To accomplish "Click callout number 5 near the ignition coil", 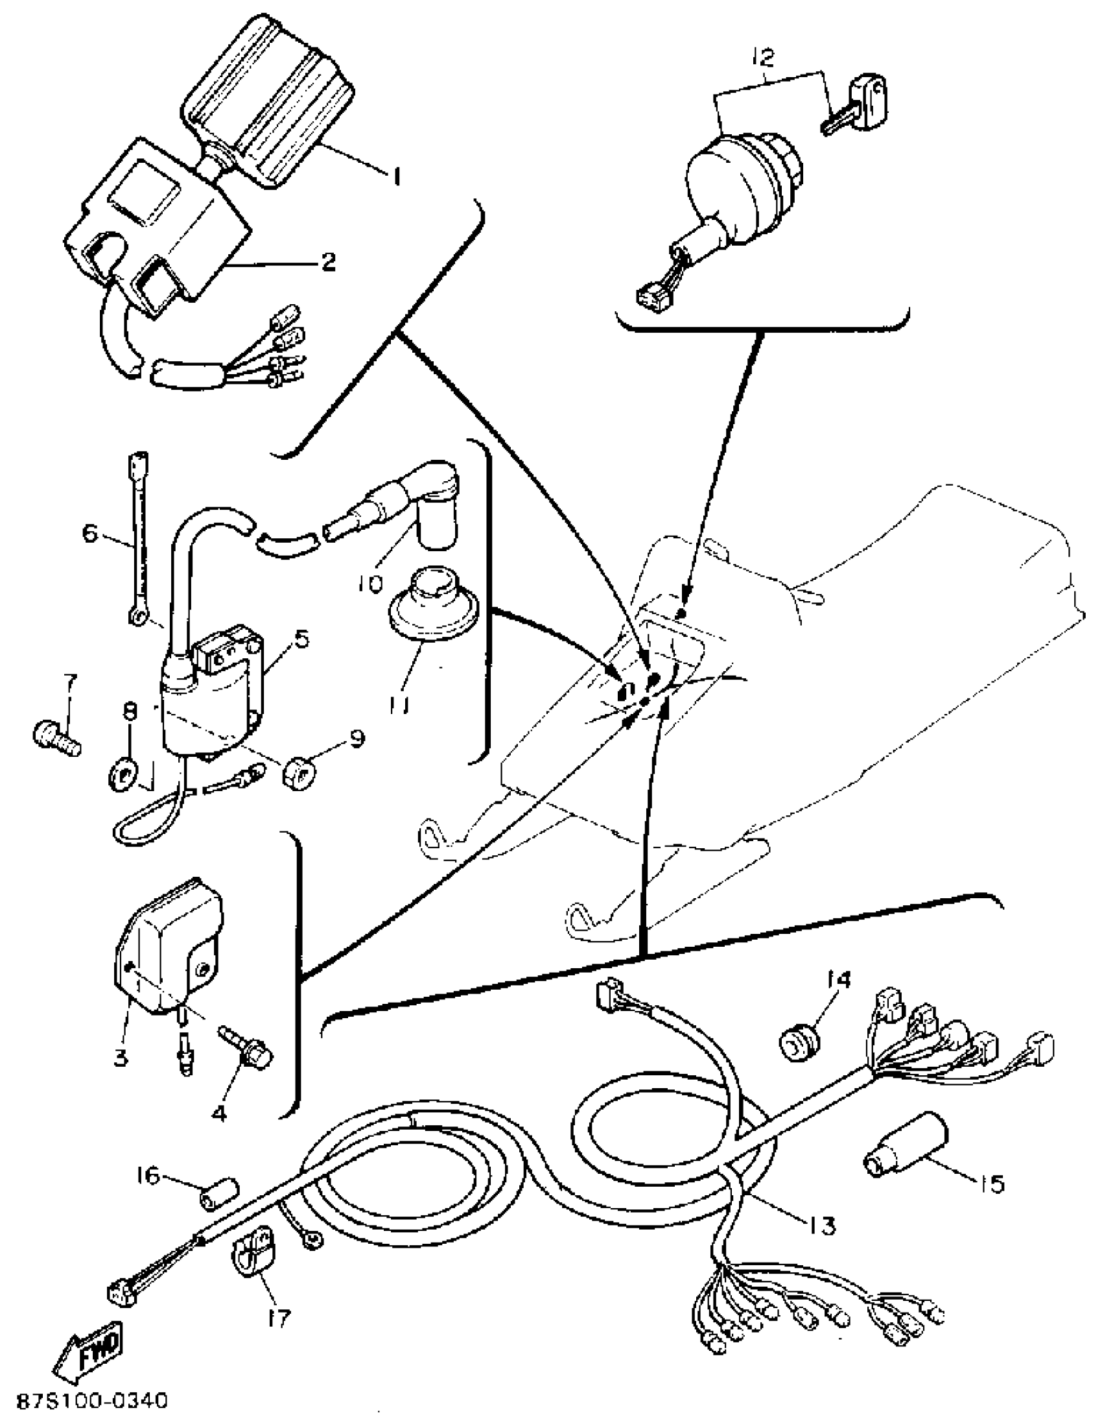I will pos(300,639).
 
